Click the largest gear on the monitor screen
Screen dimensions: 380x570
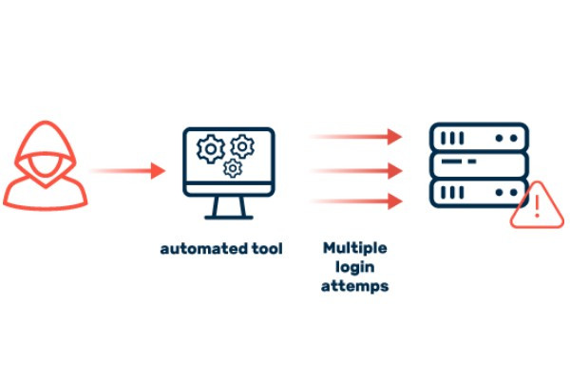point(209,148)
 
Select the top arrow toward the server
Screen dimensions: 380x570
point(355,137)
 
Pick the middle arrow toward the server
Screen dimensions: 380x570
point(355,171)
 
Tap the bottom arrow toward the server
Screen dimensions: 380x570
point(355,200)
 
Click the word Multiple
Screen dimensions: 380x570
point(354,247)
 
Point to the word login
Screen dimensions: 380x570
point(354,267)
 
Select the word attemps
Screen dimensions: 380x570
point(354,286)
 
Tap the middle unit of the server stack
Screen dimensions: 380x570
point(478,167)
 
